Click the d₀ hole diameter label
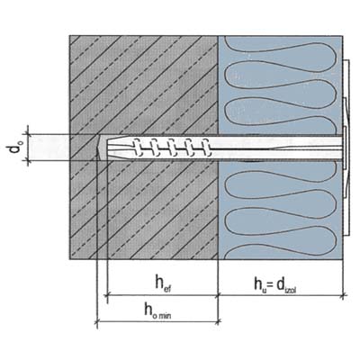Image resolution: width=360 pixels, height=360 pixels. [14, 146]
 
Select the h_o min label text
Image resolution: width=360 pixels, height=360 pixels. [158, 310]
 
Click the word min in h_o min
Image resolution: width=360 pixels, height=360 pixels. [166, 315]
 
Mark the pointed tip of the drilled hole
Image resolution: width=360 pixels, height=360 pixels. [97, 148]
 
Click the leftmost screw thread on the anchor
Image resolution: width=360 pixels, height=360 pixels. [138, 148]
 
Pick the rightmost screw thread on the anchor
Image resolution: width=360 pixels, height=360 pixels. [205, 148]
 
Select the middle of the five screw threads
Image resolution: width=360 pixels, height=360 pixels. [172, 148]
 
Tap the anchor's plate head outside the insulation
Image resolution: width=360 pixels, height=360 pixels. [346, 148]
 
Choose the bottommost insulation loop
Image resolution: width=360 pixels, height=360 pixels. [281, 251]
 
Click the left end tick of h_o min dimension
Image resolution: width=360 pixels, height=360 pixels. [97, 322]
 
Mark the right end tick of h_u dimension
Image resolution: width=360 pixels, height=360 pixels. [344, 295]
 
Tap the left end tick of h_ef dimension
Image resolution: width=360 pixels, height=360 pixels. [107, 295]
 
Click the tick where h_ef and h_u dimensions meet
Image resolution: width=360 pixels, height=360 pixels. [218, 295]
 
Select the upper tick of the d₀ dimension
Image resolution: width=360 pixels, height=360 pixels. [28, 134]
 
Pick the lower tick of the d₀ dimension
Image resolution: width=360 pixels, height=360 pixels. [28, 160]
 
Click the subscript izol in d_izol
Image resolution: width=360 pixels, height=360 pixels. [292, 290]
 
